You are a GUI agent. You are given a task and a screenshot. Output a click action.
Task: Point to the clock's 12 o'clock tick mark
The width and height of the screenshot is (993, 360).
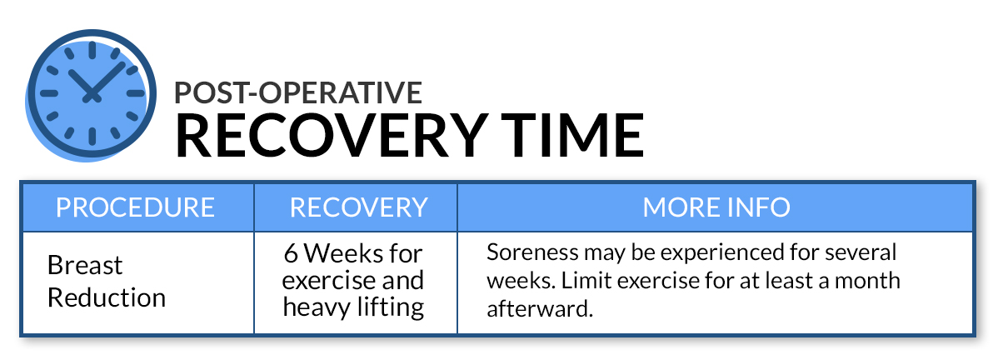tap(92, 50)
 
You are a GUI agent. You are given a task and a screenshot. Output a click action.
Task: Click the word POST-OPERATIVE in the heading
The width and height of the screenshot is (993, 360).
tap(298, 92)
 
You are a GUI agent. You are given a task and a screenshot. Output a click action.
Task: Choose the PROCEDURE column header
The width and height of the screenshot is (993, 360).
tap(136, 207)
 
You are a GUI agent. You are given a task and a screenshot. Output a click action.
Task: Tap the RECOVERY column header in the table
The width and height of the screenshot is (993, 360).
tap(358, 207)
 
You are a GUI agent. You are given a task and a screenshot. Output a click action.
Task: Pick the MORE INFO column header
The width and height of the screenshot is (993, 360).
tap(716, 207)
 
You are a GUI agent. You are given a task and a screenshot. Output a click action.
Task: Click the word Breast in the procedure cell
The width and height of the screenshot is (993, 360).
tap(85, 265)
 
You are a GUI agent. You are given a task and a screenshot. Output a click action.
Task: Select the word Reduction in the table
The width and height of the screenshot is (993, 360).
tap(107, 297)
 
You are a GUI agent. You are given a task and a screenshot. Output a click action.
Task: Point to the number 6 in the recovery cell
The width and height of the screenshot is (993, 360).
tap(291, 254)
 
